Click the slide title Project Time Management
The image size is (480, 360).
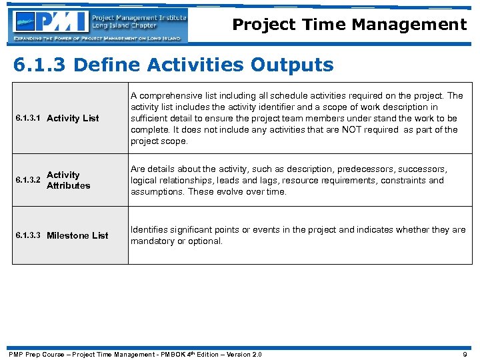click(349, 25)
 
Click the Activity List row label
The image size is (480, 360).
click(73, 118)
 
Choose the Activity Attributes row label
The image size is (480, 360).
click(68, 180)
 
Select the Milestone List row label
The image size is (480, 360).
click(77, 235)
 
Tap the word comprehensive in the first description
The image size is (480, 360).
click(167, 95)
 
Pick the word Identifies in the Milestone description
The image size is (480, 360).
click(149, 230)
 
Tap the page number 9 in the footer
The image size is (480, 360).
click(465, 354)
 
